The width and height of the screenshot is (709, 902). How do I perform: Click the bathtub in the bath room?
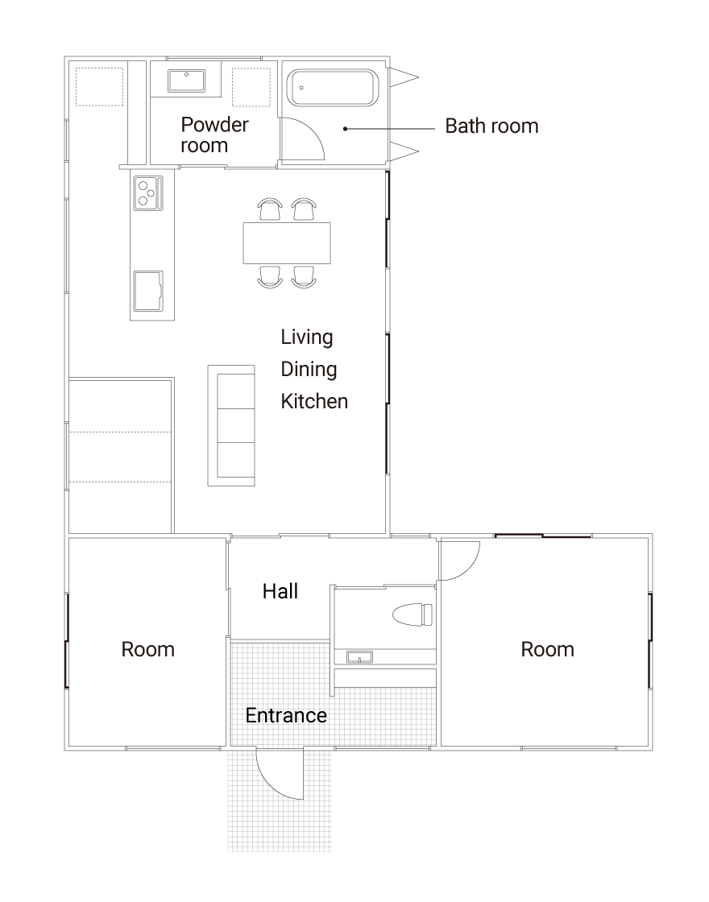click(x=332, y=88)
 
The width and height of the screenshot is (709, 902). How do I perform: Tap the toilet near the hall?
click(x=412, y=614)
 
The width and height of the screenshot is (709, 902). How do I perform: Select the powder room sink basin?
click(x=186, y=81)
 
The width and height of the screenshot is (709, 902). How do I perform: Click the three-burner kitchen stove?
click(x=148, y=192)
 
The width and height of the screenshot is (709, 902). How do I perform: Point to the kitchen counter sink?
click(x=148, y=291)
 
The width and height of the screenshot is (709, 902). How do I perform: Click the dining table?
click(x=287, y=242)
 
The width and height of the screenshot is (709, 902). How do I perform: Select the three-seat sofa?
click(x=231, y=426)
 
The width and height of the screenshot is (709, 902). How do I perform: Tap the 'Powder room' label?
click(x=214, y=134)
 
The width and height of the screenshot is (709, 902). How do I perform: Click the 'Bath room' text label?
click(x=492, y=126)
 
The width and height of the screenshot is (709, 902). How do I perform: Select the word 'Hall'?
click(x=280, y=591)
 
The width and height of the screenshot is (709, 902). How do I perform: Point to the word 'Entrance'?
click(x=286, y=715)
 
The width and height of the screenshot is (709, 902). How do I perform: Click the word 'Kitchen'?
click(x=314, y=401)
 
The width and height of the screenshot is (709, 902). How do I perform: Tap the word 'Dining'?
click(x=309, y=370)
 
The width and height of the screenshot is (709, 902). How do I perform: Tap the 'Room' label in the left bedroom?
click(x=148, y=649)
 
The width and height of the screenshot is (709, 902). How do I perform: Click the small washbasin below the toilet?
click(x=359, y=657)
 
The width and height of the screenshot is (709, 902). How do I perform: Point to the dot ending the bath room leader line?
click(x=346, y=129)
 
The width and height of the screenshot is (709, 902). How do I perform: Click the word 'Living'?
click(x=307, y=337)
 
